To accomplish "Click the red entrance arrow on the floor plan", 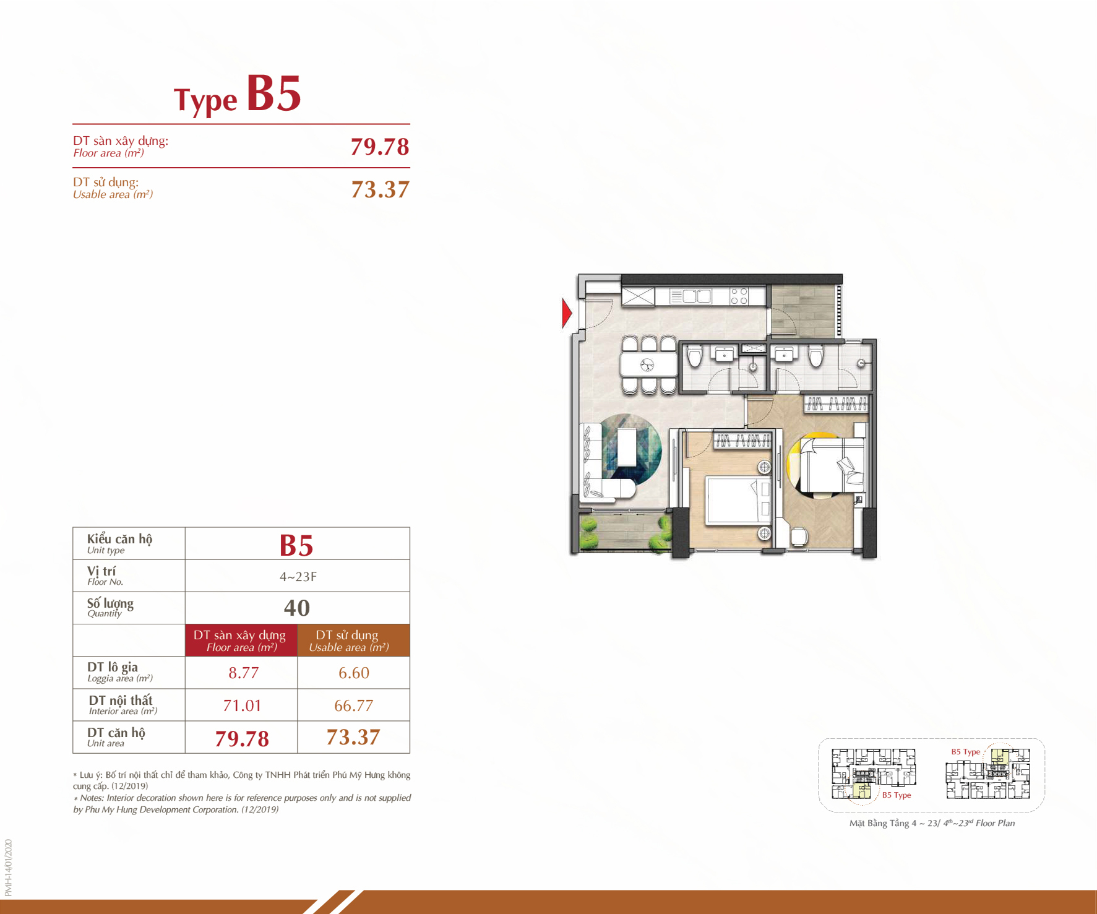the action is (x=567, y=313).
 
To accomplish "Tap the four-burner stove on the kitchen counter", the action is (x=739, y=296).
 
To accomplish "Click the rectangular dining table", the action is (x=649, y=364).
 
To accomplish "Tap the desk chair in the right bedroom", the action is (x=799, y=537).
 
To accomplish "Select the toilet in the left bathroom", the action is (x=694, y=356).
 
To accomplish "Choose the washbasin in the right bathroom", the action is (x=784, y=354).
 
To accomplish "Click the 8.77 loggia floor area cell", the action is (x=243, y=673).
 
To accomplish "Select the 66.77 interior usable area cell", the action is (x=353, y=705).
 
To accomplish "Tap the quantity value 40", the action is (x=297, y=608).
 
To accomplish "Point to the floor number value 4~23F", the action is (x=298, y=577).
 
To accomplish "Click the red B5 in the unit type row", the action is (x=296, y=545).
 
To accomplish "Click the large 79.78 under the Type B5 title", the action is (x=380, y=147).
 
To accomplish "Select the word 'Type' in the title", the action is (x=205, y=100).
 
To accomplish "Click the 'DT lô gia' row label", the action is (x=113, y=667).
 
